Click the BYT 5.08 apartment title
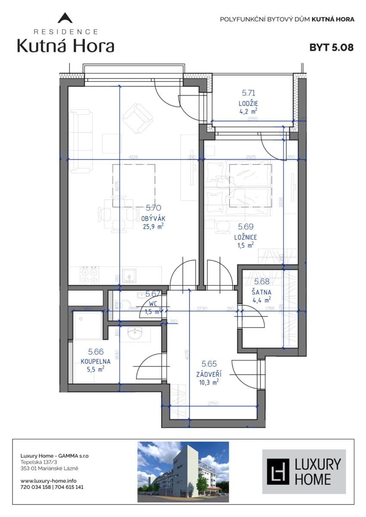pos(331,47)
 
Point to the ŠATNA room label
pos(262,292)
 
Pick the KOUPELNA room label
pos(96,361)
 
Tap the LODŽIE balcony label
pos(248,103)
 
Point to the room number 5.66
pos(96,352)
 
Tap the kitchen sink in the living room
pos(129,275)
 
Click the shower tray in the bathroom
pos(87,325)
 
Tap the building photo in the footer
pos(183,472)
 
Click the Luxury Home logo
pos(304,471)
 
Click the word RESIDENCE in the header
pos(66,31)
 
